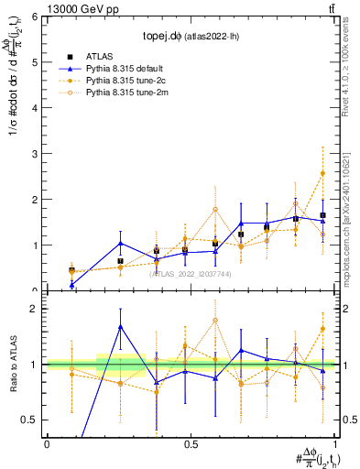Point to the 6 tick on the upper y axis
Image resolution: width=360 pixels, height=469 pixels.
[x=38, y=17]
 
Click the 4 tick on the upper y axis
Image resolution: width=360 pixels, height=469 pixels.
[x=38, y=108]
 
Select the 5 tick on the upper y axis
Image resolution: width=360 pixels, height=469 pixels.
[x=38, y=62]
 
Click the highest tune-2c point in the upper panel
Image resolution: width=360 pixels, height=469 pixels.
[x=322, y=173]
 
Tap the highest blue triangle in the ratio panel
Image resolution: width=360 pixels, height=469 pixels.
[x=121, y=327]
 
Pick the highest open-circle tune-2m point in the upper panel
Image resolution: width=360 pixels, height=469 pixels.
[x=214, y=209]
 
